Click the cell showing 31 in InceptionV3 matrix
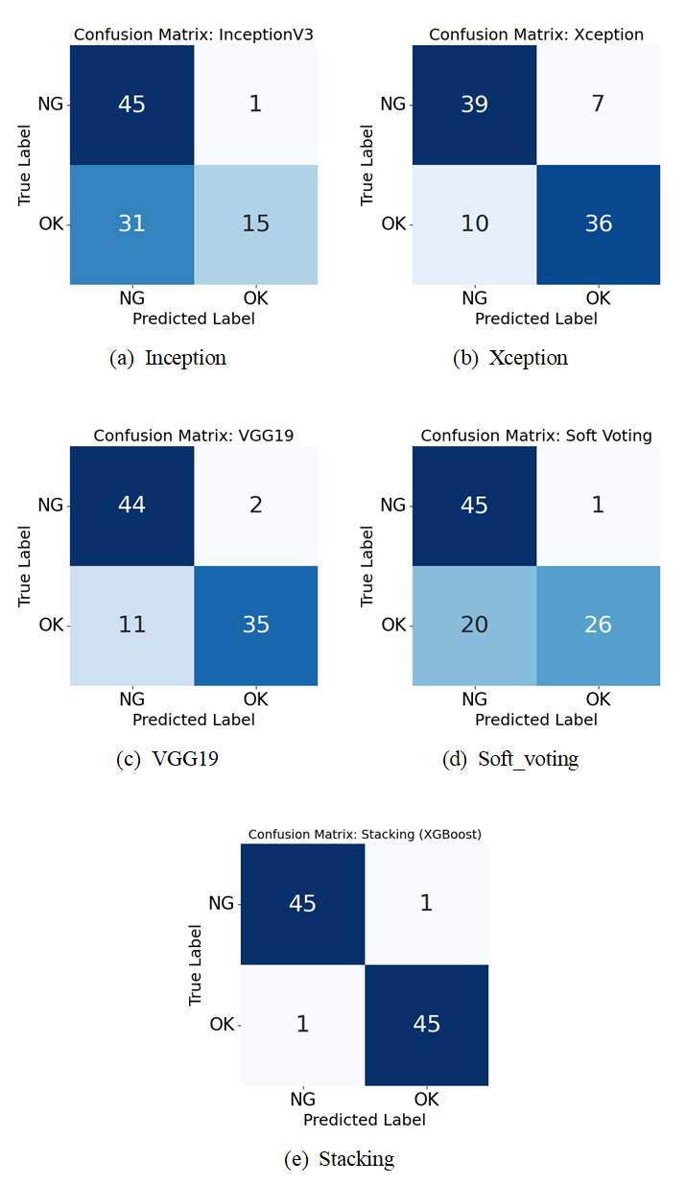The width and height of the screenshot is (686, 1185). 131,224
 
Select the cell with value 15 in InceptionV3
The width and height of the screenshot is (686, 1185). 255,224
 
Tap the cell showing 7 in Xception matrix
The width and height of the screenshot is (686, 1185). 598,104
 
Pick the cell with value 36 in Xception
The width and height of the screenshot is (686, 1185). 598,224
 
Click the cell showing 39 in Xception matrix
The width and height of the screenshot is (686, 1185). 474,104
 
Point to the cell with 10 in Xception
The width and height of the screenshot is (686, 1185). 474,224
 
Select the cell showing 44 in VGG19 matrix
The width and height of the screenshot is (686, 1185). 131,505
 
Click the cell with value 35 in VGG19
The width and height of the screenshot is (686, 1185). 255,625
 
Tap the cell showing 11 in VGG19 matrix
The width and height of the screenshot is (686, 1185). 131,625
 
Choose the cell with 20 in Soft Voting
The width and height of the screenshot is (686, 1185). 474,625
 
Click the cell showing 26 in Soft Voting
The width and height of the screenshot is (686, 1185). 598,625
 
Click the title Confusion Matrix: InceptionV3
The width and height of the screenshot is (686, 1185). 194,35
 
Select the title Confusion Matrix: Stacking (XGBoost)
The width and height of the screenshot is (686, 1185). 365,834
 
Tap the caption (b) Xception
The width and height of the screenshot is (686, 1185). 510,359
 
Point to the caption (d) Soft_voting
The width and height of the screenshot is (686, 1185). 510,760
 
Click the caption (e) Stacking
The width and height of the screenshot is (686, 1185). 340,1159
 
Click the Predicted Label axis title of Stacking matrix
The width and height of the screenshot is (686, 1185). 365,1119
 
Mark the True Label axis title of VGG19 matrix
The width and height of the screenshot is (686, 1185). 25,565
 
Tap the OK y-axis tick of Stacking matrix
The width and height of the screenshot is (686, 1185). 222,1024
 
